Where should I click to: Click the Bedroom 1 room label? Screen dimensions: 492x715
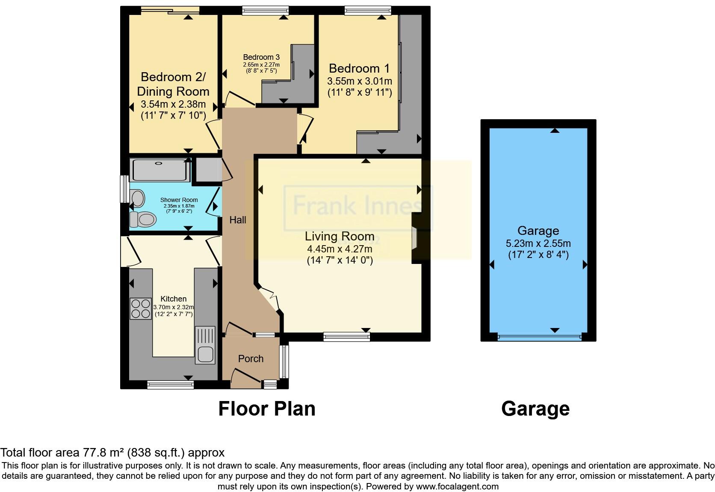tap(359, 68)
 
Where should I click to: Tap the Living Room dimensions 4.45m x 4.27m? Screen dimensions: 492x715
tap(339, 249)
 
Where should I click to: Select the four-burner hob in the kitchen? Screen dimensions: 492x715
tap(141, 308)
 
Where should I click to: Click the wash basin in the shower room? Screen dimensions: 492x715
tap(138, 199)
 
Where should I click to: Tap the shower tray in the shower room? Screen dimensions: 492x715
tap(159, 170)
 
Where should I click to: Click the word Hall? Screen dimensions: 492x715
tap(238, 220)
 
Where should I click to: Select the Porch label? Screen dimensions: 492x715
tap(251, 359)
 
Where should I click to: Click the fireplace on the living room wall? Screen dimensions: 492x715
tap(414, 237)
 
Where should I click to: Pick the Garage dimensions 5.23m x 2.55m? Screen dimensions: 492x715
tap(538, 243)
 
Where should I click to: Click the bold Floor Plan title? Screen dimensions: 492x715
tap(267, 409)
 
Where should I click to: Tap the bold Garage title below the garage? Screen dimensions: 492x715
tap(535, 409)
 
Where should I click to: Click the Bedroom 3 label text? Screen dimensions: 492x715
tap(261, 57)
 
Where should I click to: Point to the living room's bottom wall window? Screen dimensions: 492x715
tap(346, 337)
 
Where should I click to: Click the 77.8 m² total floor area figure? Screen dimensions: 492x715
tap(103, 452)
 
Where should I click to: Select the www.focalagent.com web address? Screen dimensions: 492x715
tap(457, 486)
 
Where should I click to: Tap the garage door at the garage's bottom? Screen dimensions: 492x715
tap(539, 337)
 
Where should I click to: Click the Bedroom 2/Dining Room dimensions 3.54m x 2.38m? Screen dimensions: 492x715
tap(173, 104)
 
